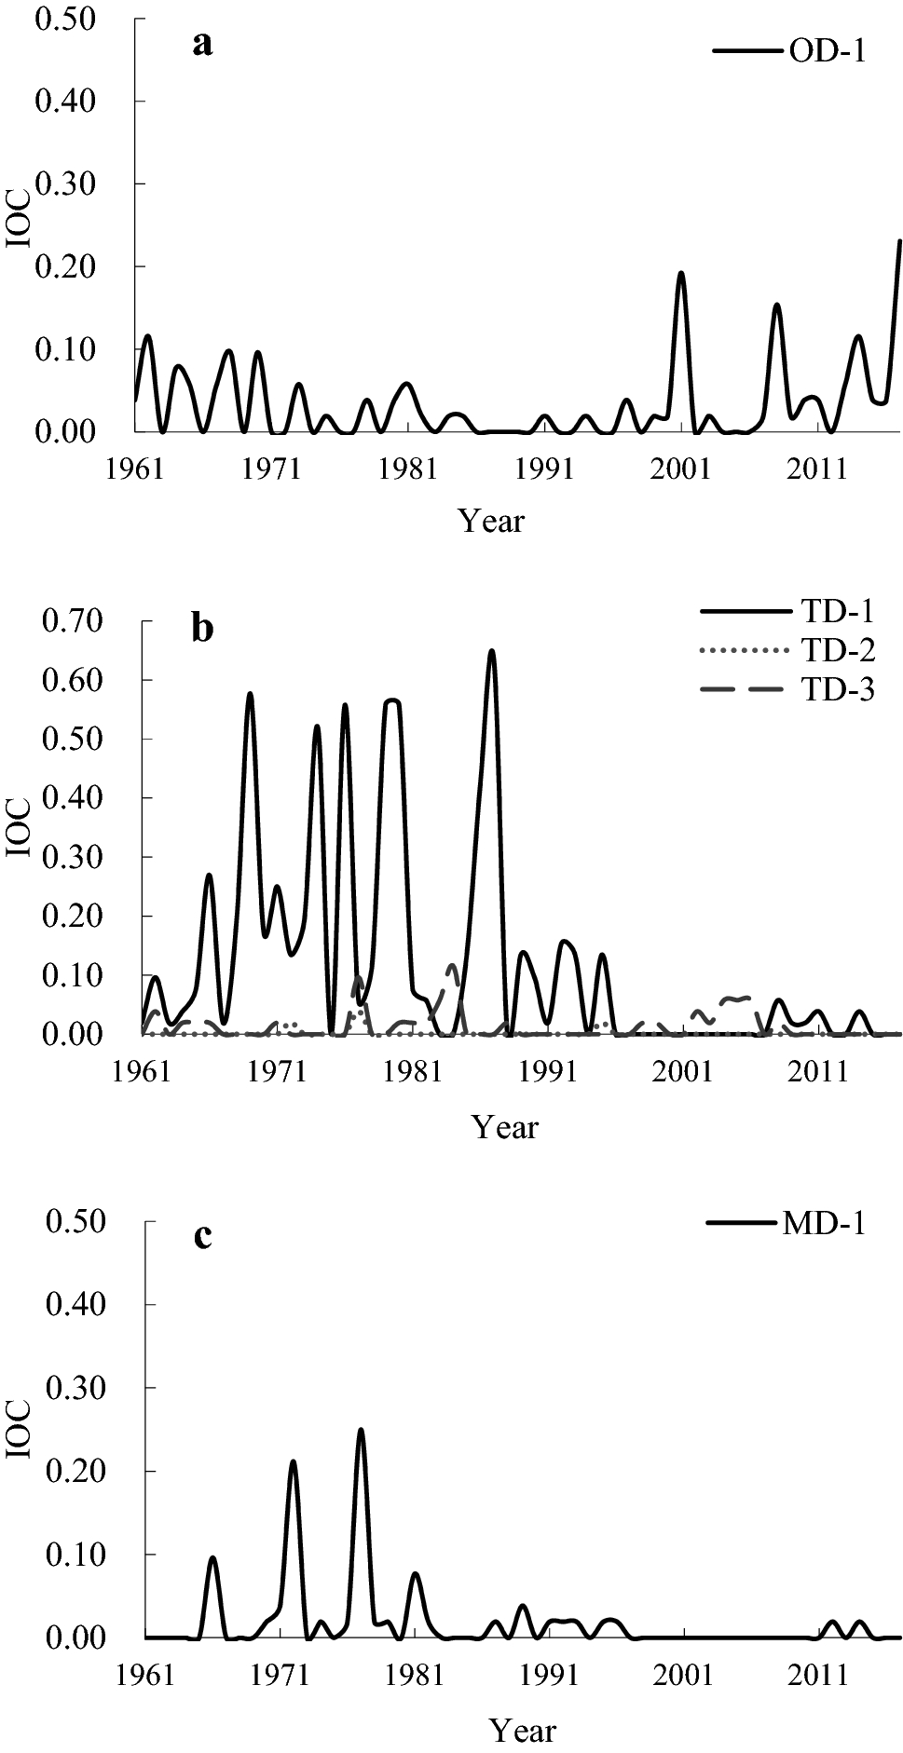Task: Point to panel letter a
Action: point(202,43)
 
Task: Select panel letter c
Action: point(201,1236)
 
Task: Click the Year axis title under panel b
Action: point(505,1127)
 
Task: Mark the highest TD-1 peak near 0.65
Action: point(492,651)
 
